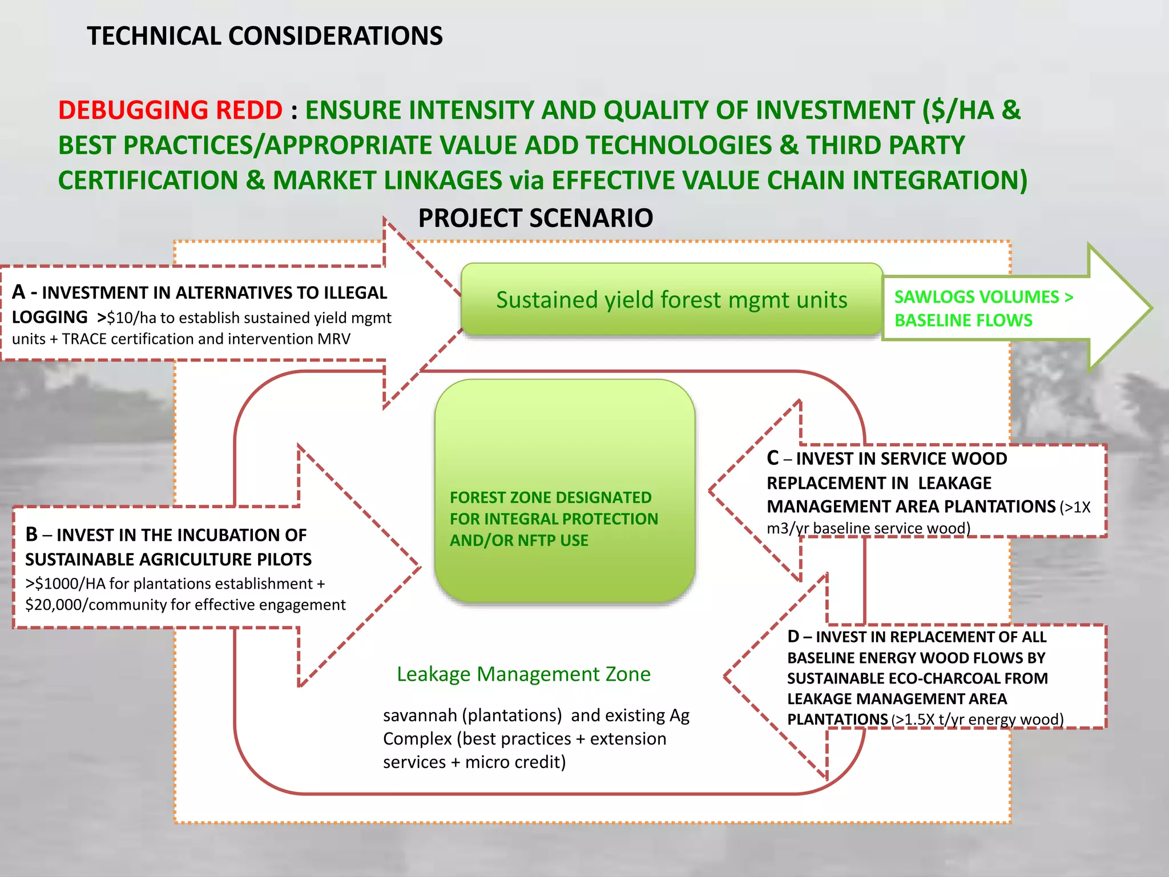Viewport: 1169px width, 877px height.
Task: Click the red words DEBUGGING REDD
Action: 170,110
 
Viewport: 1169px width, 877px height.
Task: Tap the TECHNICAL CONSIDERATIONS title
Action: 264,36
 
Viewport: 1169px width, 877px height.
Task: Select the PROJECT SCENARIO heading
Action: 535,218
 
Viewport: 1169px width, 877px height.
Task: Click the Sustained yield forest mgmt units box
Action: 671,300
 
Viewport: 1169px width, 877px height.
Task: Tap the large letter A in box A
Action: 18,292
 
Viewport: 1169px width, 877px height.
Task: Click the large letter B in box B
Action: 31,534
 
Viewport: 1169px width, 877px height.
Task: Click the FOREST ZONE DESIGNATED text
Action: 550,497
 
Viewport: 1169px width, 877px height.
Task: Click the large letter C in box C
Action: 773,458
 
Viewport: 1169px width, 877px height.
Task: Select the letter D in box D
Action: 793,636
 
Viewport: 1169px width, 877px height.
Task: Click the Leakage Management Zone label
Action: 523,674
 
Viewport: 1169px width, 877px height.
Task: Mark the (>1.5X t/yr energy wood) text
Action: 977,719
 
